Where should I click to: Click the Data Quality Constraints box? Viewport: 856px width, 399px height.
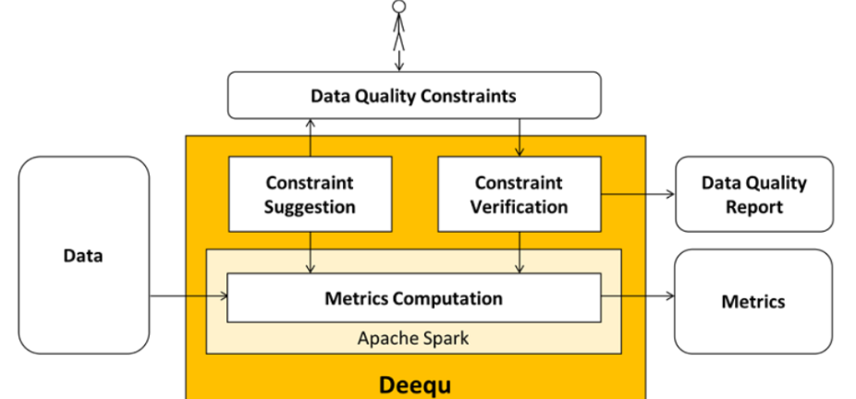pos(413,96)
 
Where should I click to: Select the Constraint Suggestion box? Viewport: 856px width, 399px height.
pos(310,194)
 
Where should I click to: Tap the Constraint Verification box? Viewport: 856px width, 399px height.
pos(519,194)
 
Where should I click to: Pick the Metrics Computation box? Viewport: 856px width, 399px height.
pos(413,298)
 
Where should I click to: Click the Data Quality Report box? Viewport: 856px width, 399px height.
pos(753,194)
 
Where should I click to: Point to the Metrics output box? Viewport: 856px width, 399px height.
pos(753,301)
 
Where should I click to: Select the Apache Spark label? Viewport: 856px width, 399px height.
pos(413,338)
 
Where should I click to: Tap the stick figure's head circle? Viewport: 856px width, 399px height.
pos(399,6)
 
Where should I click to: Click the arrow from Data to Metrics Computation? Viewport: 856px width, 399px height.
pos(189,296)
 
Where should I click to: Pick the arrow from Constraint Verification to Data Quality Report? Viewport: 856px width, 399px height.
pos(639,194)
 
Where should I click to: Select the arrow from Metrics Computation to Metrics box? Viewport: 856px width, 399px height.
pos(639,296)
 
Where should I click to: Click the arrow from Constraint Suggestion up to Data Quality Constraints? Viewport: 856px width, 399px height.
pos(311,138)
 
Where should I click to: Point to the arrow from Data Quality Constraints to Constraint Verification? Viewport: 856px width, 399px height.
pos(520,138)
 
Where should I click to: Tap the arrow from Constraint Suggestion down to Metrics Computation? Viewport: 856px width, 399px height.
pos(311,252)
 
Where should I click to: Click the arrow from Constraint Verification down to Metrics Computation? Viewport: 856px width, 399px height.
pos(520,252)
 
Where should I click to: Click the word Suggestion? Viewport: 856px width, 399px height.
pos(310,207)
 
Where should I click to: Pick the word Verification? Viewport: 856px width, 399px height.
pos(519,207)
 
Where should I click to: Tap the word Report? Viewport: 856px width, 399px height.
pos(753,207)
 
